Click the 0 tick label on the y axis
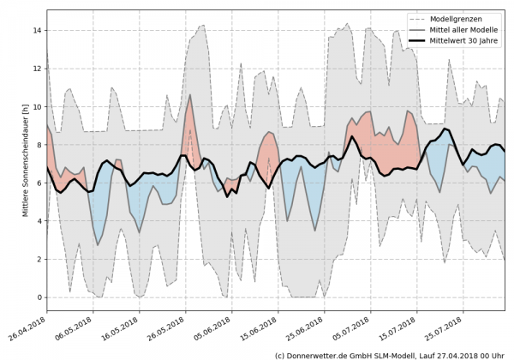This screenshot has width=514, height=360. (x=37, y=297)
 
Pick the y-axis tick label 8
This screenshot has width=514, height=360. (x=37, y=145)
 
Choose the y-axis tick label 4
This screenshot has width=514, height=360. (x=37, y=221)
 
